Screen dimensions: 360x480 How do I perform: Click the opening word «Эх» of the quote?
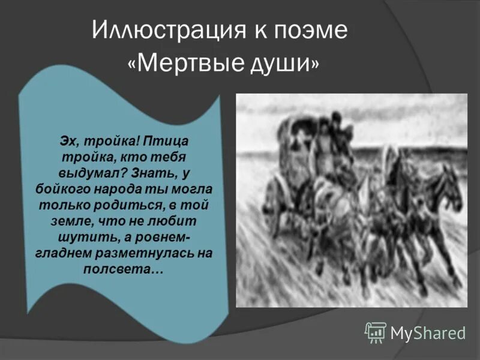coord(67,140)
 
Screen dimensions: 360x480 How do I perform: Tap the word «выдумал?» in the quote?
coord(88,173)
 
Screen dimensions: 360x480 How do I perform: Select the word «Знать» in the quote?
coord(157,173)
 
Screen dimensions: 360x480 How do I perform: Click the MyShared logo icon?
coord(375,332)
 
